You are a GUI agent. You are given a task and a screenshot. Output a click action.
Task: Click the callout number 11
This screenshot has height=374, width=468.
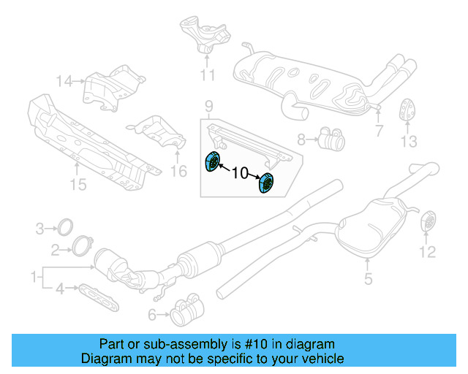tap(207, 75)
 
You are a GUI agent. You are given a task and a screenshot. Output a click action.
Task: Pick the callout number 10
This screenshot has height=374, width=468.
tap(240, 174)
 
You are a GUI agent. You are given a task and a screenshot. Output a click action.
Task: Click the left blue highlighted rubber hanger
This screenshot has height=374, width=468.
tap(213, 162)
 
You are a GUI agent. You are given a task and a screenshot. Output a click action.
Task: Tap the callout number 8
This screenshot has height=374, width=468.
tap(301, 138)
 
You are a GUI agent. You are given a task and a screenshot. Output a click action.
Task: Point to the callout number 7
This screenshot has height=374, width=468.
tap(378, 131)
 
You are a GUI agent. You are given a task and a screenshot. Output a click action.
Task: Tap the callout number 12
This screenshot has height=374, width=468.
tap(427, 252)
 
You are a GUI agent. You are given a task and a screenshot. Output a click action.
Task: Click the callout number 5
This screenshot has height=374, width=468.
tap(368, 278)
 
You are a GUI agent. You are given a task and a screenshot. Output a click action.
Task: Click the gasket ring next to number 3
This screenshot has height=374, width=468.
tap(64, 225)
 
